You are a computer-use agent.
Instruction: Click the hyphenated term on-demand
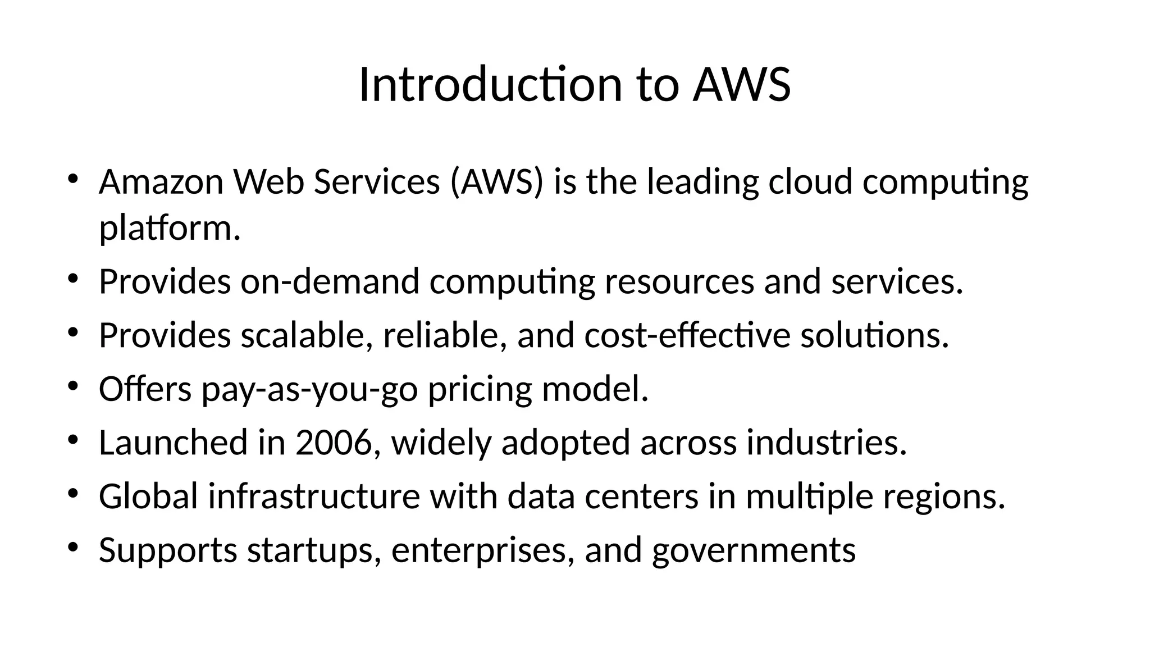[x=330, y=281]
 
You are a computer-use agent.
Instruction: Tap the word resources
[x=679, y=281]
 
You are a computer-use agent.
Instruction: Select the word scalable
[x=307, y=335]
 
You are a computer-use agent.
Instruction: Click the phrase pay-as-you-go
[x=309, y=389]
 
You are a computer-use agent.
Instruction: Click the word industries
[x=827, y=443]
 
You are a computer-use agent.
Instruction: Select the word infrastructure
[x=314, y=496]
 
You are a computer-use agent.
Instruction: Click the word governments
[x=754, y=550]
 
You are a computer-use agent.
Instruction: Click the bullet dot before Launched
[x=72, y=440]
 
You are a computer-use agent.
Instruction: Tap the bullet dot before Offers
[x=72, y=386]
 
